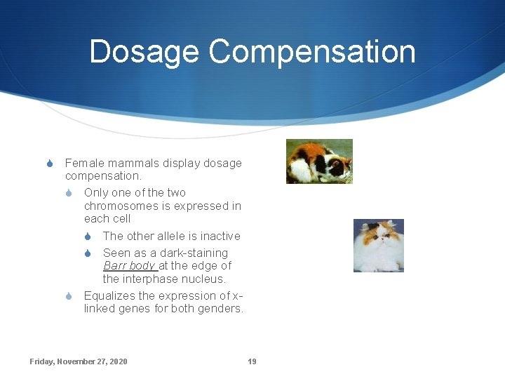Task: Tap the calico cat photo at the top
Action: point(319,161)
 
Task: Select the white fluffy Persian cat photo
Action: point(378,245)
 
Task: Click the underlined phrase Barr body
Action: point(129,265)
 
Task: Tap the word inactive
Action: point(217,236)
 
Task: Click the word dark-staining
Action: point(193,253)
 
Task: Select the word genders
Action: point(218,308)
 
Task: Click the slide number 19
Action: point(252,361)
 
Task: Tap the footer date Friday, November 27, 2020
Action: point(79,361)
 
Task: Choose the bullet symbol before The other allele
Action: point(89,237)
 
